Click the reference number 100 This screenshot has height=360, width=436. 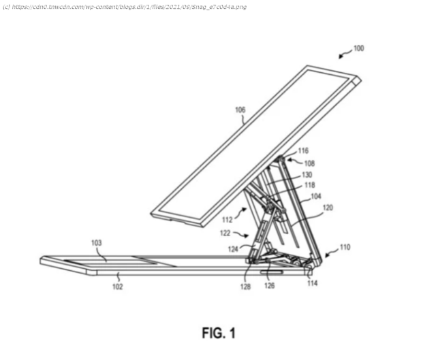(359, 48)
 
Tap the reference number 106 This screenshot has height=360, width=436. (240, 110)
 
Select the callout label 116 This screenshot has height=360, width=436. (303, 150)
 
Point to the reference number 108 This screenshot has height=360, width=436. (309, 163)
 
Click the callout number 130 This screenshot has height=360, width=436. (307, 175)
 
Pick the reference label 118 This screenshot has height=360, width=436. (310, 185)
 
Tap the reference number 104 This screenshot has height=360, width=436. (316, 197)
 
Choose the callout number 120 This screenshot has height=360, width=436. (328, 208)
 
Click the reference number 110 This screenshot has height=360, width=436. (345, 247)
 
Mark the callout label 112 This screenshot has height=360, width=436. (227, 220)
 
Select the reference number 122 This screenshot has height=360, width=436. (225, 233)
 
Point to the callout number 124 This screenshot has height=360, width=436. (233, 249)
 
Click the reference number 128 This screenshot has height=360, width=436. (245, 287)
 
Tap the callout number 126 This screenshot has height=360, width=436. (269, 285)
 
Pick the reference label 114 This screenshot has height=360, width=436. (312, 283)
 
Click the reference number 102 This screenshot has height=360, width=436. (117, 287)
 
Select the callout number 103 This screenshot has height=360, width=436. (97, 243)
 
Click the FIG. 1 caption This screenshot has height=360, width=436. (219, 333)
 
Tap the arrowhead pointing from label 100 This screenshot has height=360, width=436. (341, 57)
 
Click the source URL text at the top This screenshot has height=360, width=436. (125, 7)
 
